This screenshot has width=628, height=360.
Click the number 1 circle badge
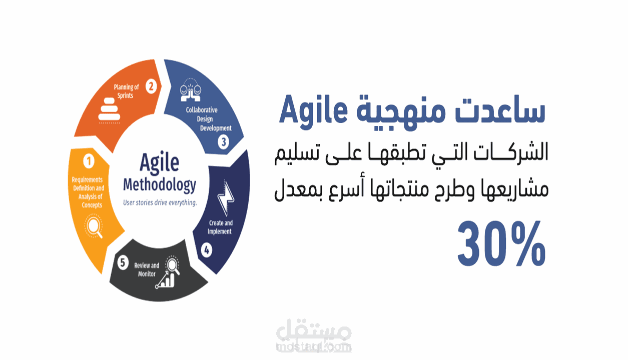click(x=89, y=161)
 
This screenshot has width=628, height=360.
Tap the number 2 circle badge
click(x=151, y=86)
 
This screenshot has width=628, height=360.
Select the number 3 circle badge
click(x=224, y=142)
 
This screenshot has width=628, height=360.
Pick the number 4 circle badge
click(x=207, y=250)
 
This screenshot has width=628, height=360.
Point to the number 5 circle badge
click(x=123, y=263)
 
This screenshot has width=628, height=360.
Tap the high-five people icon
click(x=191, y=89)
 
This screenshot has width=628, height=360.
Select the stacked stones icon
click(x=110, y=110)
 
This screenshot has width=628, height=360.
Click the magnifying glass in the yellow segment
click(x=94, y=226)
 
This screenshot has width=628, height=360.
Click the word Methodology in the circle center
click(x=160, y=185)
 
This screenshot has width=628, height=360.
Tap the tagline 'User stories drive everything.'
click(x=160, y=202)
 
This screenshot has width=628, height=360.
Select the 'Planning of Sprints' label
click(x=126, y=91)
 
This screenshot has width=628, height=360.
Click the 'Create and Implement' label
click(x=220, y=227)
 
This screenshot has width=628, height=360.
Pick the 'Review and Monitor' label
click(x=147, y=269)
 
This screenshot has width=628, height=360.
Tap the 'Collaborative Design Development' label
click(x=209, y=119)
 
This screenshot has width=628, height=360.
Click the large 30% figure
click(x=501, y=243)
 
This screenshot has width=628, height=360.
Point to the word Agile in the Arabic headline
click(x=313, y=111)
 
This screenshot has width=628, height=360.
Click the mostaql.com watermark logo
click(x=314, y=335)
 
